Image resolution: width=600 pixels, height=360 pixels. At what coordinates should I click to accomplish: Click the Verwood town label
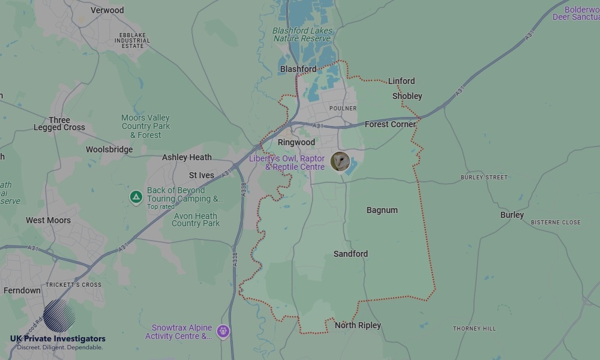107,10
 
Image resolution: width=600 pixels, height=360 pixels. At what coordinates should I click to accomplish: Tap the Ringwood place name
296,143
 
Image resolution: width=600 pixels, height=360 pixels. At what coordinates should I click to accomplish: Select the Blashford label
298,69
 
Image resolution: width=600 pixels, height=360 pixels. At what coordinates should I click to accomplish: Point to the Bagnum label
382,210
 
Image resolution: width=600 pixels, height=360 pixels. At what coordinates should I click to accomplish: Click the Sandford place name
350,254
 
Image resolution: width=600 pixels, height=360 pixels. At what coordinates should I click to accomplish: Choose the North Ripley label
358,325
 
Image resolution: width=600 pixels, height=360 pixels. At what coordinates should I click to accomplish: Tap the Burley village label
512,215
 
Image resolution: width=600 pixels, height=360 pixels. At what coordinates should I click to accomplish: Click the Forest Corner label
390,124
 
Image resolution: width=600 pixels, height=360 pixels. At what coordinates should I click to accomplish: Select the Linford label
401,81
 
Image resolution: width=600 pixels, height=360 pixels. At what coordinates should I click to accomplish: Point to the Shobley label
407,96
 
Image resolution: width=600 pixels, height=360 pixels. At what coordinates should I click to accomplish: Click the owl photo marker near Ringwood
340,161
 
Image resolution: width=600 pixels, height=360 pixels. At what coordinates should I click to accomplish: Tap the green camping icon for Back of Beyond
136,196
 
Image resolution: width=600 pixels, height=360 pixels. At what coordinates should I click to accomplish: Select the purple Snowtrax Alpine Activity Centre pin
223,331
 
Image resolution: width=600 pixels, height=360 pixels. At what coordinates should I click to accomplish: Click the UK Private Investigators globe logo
59,316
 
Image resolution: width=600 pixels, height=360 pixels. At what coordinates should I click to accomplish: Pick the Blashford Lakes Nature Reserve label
302,35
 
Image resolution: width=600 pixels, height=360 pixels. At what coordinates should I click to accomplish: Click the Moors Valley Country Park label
146,126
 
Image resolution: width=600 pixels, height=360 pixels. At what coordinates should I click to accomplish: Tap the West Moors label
48,220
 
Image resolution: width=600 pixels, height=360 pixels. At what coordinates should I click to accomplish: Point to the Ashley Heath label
187,157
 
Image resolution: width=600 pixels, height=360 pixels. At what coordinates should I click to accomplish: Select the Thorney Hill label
474,328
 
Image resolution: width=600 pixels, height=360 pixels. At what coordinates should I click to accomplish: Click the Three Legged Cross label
59,124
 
